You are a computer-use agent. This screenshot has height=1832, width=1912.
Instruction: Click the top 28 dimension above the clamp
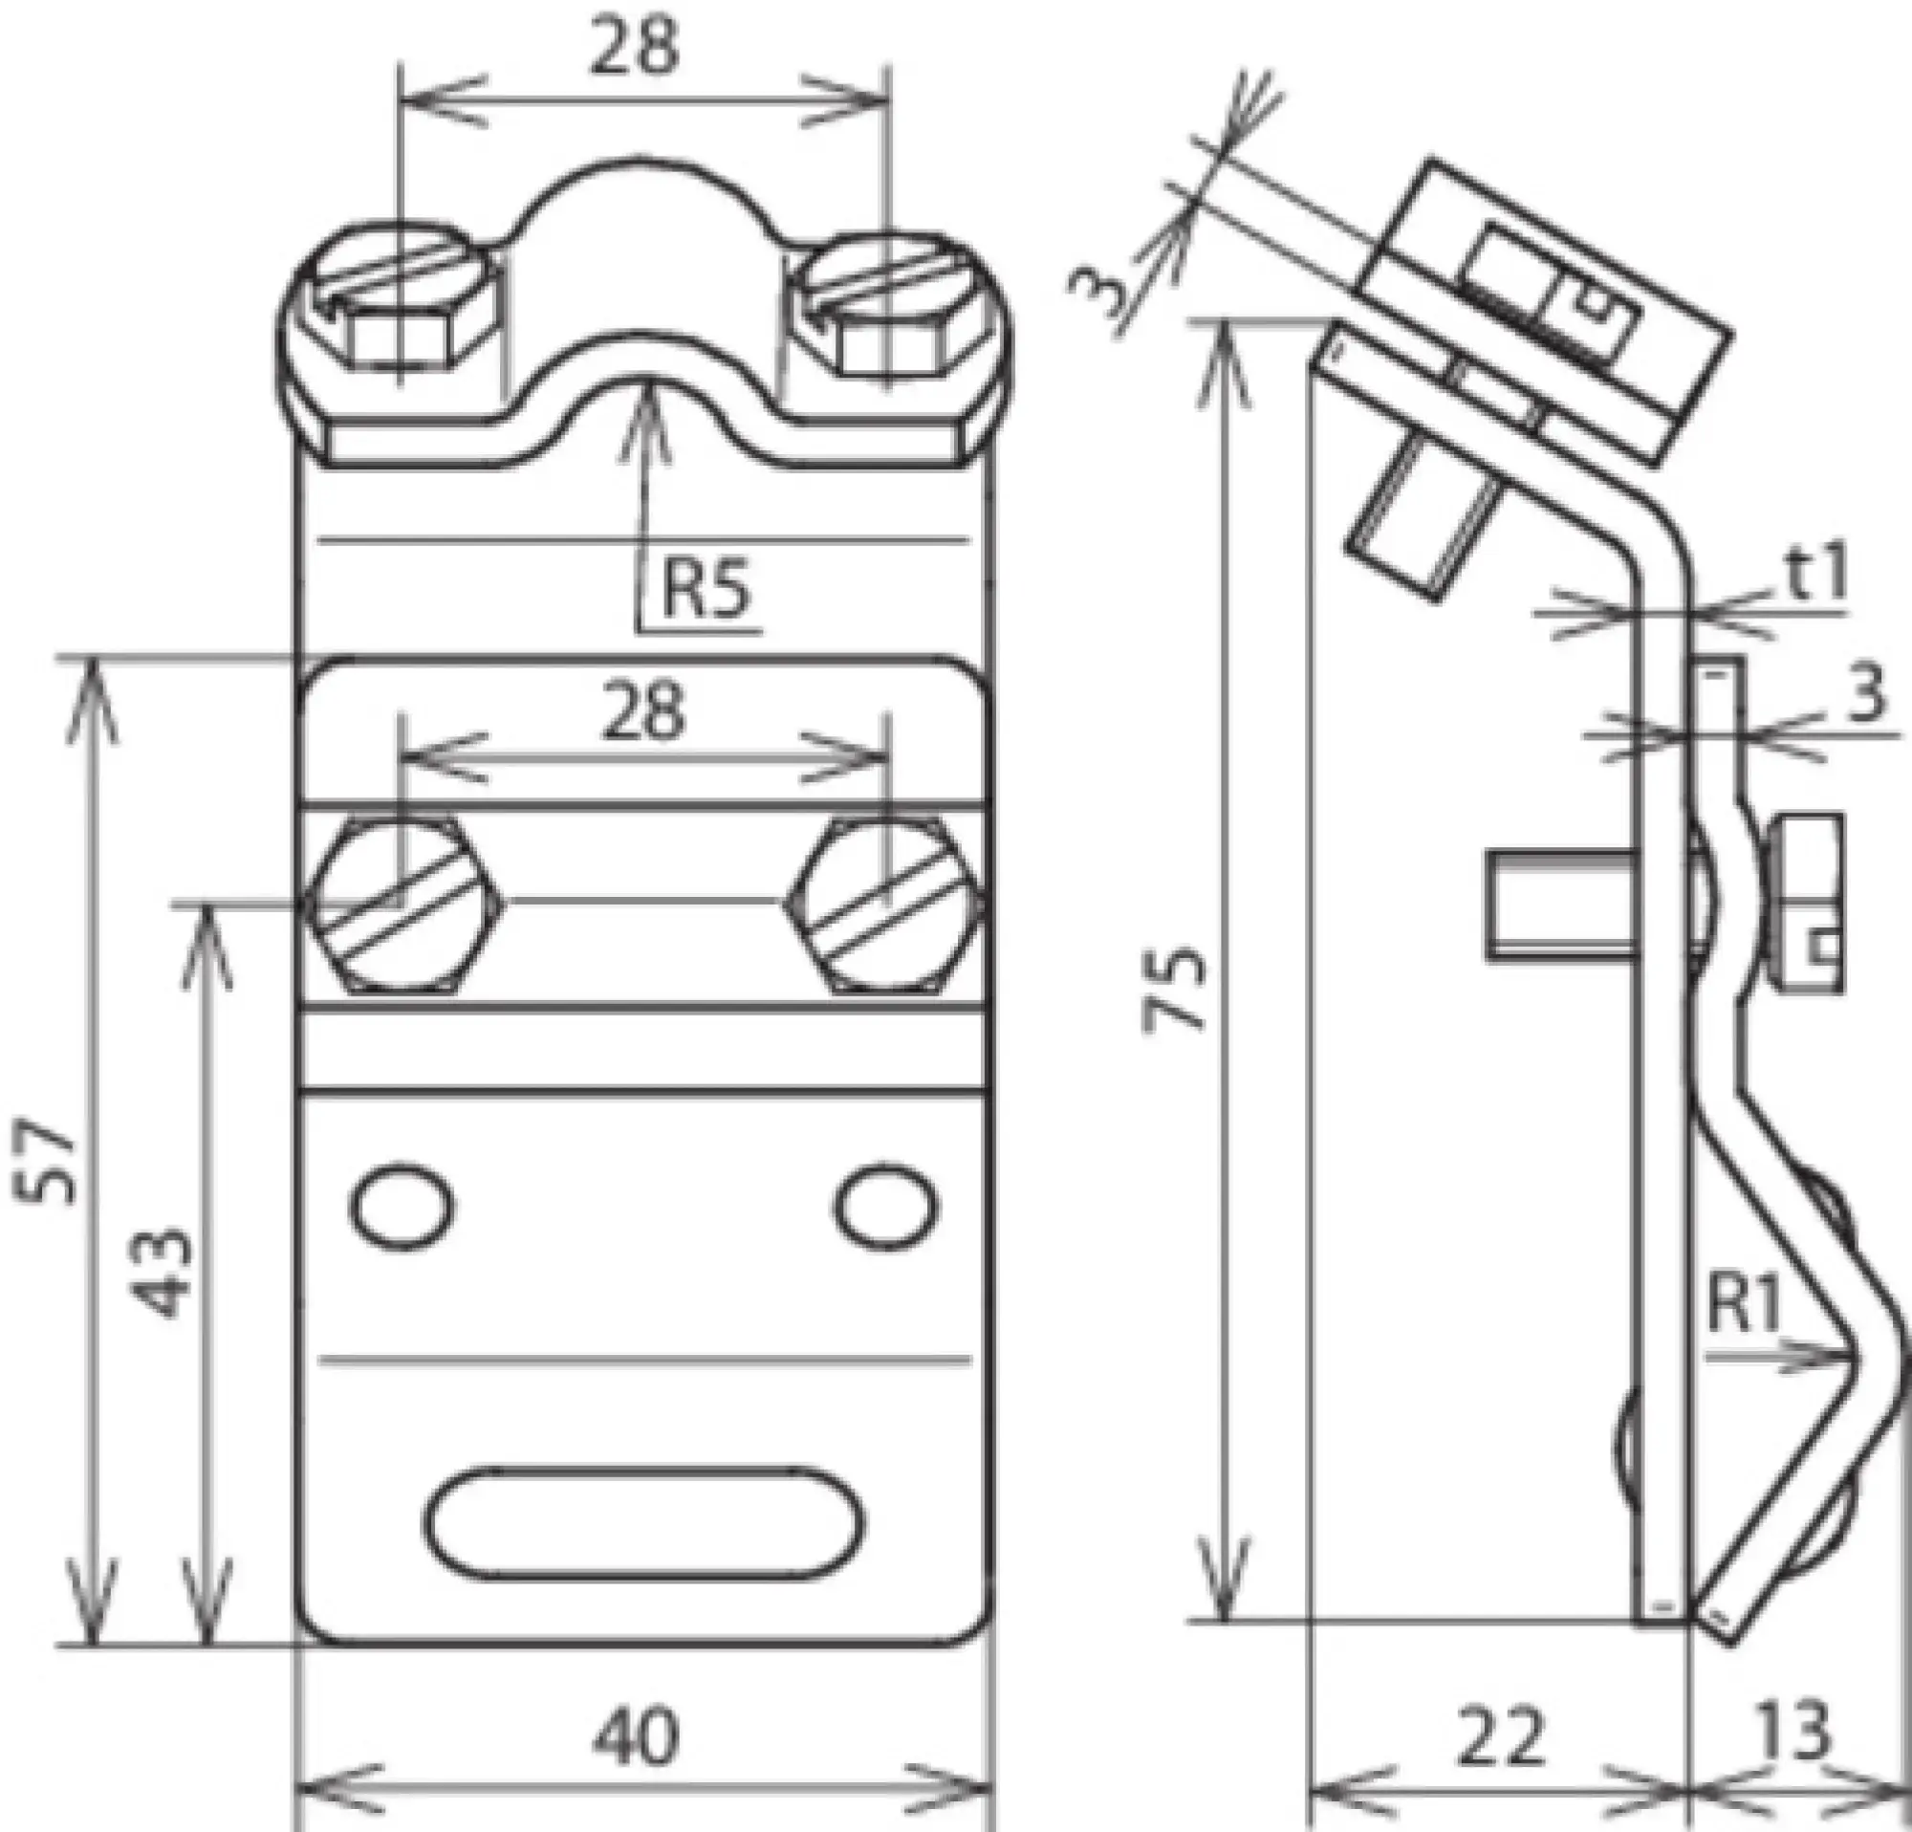[x=634, y=49]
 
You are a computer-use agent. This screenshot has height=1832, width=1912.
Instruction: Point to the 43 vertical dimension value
[x=163, y=1273]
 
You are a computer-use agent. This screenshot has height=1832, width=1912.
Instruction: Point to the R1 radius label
[x=1744, y=1307]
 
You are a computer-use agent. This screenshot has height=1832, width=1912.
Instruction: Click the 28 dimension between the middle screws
[x=643, y=711]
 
